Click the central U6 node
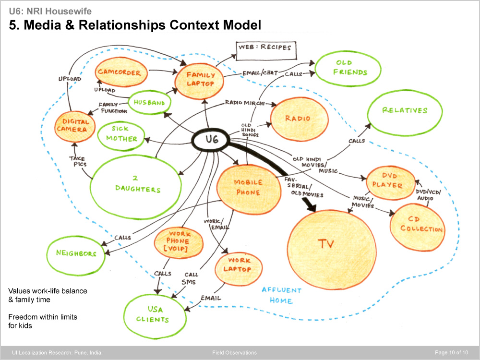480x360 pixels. [212, 140]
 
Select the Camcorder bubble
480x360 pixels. [120, 73]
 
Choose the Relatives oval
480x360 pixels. [404, 111]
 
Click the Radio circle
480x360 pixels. [297, 119]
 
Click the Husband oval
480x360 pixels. [149, 103]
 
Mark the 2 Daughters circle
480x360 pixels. [137, 185]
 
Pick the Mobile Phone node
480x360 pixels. [248, 188]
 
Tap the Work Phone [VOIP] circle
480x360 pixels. [171, 242]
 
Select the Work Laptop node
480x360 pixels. [237, 265]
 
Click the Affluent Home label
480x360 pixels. [281, 295]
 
